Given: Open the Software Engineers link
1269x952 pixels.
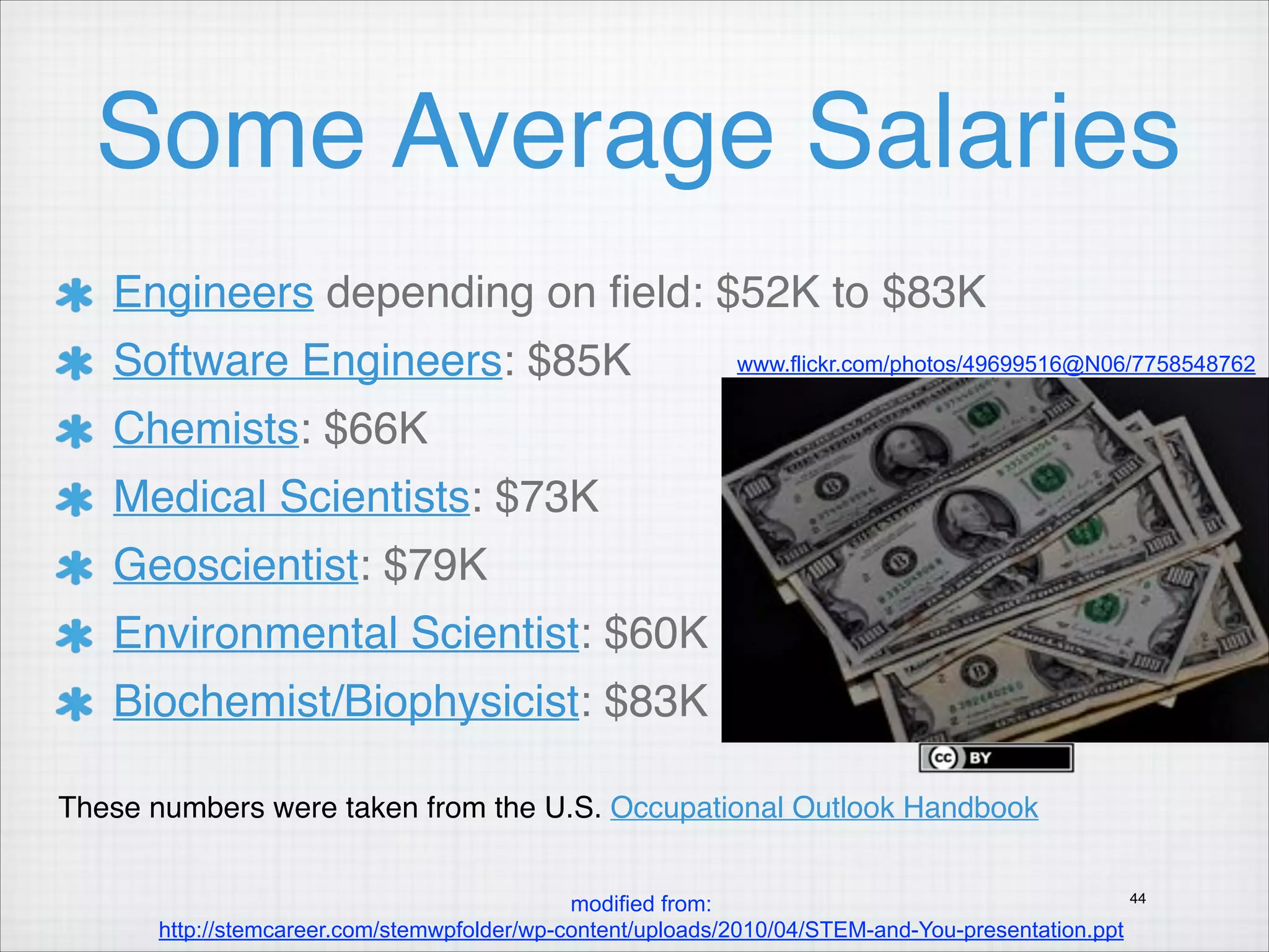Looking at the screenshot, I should coord(307,360).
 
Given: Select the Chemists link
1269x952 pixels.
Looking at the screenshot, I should coord(206,428).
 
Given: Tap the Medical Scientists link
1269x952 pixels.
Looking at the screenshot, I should coord(291,496).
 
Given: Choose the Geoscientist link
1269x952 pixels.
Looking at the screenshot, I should coord(236,565).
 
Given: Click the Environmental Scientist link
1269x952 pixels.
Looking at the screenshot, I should coord(346,633).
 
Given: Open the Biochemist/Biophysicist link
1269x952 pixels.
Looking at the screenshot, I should coord(346,701).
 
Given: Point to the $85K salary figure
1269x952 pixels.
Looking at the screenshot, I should coord(579,360).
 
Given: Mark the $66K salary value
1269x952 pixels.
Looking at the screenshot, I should coord(375,428).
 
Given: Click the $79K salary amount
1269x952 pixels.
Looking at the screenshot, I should coord(435,565).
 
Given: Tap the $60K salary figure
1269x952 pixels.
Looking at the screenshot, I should coord(656,633).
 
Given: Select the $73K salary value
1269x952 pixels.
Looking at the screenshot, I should coord(547,496).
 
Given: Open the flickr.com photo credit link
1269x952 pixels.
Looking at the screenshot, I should coord(996,364).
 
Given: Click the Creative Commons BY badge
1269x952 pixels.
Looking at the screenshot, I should coord(996,757).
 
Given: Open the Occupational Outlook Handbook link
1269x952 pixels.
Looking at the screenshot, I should coord(824,808).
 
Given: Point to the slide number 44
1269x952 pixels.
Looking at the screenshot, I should coord(1138,898).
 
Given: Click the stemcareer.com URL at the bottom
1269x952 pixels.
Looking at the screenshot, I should coord(641,930).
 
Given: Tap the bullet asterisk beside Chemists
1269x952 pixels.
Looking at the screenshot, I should coord(74,431).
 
